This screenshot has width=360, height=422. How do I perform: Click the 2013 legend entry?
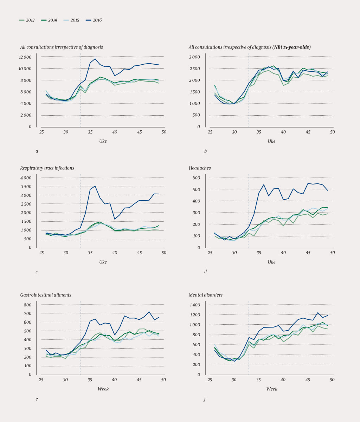(27, 20)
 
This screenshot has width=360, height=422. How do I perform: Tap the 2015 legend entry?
(72, 20)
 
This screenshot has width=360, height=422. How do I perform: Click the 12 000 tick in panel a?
(25, 57)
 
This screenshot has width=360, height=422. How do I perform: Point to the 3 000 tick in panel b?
(194, 57)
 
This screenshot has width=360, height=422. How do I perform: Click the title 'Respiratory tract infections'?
(47, 168)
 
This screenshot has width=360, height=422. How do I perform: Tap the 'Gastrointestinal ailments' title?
(46, 295)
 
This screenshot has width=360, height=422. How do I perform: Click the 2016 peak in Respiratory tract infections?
(95, 186)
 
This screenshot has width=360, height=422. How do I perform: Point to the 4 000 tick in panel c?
(26, 178)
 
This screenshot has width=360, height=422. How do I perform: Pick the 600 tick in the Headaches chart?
(196, 178)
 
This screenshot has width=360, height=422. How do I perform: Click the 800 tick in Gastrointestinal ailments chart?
(27, 305)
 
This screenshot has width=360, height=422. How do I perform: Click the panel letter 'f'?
(205, 399)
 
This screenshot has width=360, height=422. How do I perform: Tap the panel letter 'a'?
(37, 151)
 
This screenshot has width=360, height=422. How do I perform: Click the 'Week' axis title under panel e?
(103, 389)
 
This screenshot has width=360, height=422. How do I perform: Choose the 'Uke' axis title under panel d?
(271, 262)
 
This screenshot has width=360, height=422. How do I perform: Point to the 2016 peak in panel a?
(95, 59)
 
